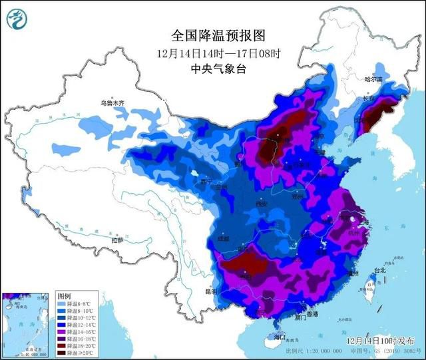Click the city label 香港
coord(312,313)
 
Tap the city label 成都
coord(222,238)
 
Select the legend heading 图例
coord(64,295)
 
